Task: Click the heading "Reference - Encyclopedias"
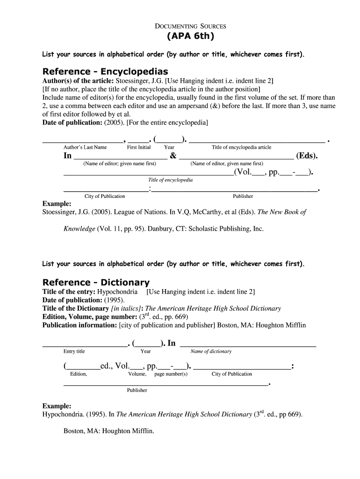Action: tap(105, 71)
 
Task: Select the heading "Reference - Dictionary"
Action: tap(96, 282)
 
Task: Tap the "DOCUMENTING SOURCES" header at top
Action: tap(190, 26)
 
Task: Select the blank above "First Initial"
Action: tap(138, 140)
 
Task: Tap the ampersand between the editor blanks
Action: tap(173, 156)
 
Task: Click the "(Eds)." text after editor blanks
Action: tap(307, 156)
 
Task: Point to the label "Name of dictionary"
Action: tap(211, 351)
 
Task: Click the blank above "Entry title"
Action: tap(85, 345)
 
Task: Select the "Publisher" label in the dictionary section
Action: tap(137, 390)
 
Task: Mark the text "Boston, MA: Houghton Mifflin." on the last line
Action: tap(108, 431)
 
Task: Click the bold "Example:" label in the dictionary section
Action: tap(57, 406)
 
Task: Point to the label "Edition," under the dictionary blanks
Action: tap(79, 374)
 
